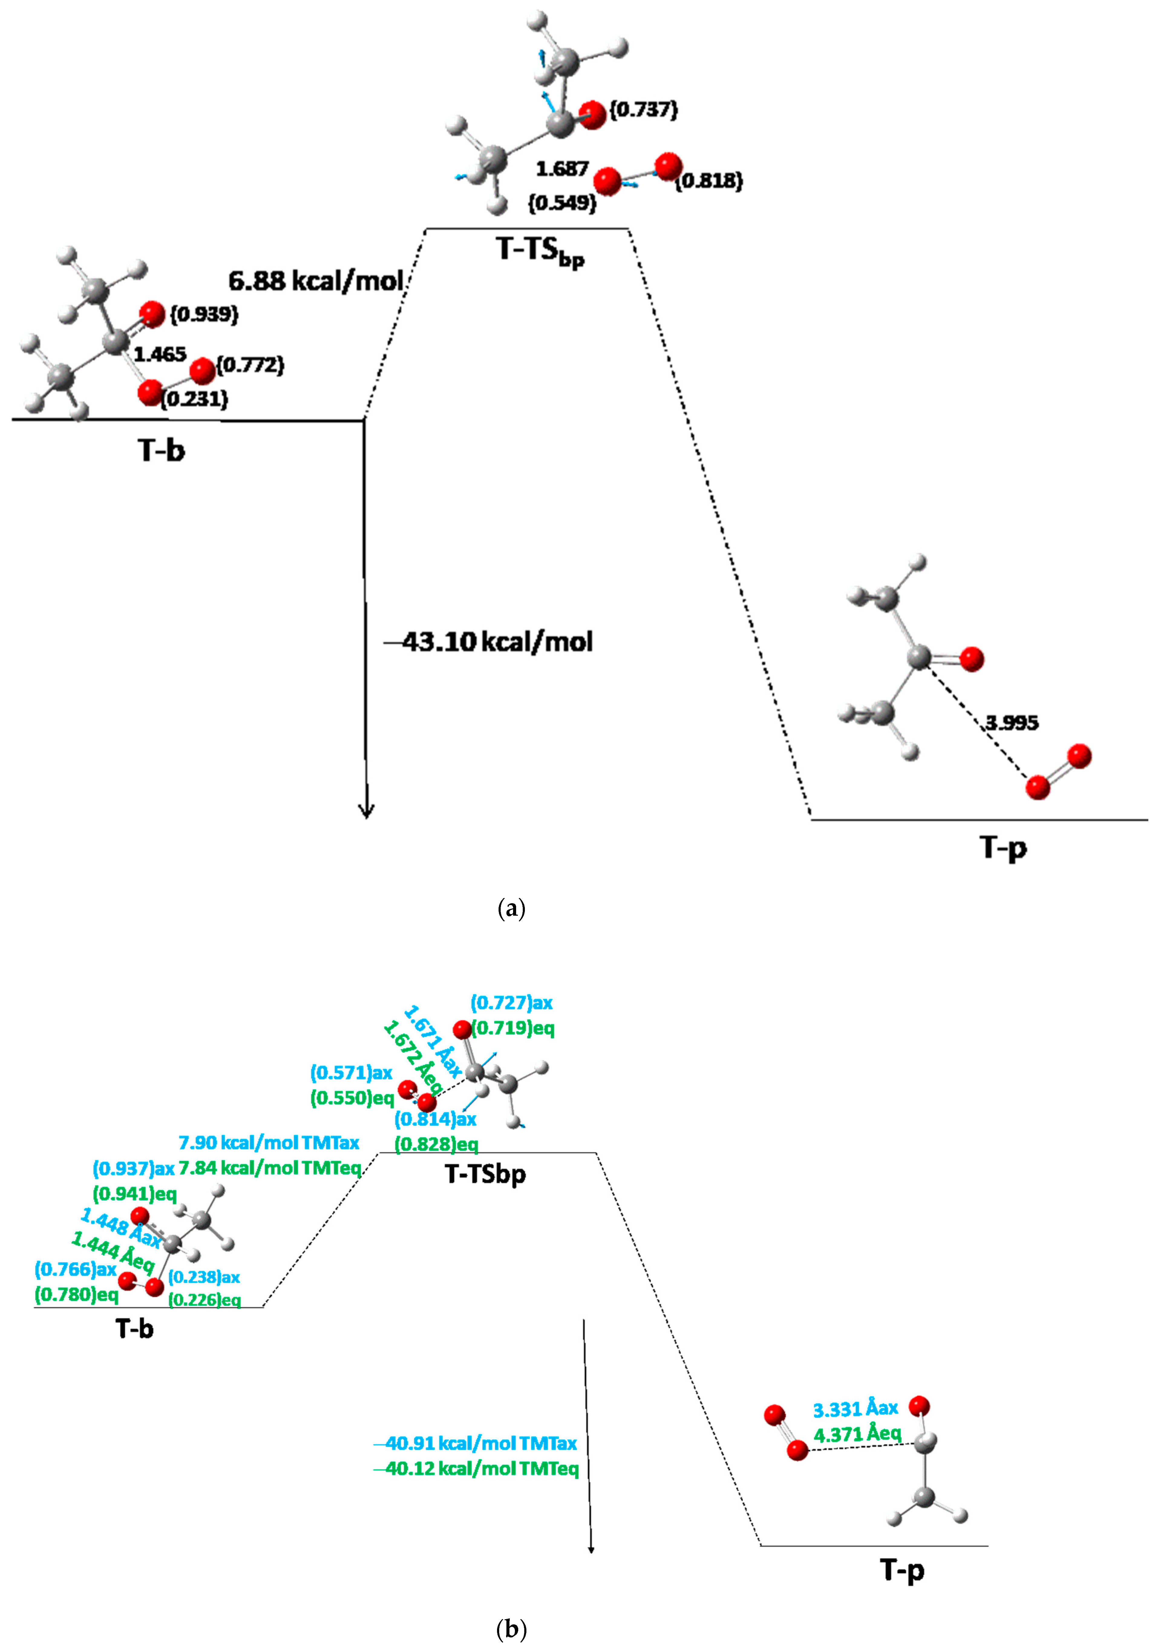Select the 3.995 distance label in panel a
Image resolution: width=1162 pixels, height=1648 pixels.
[1010, 723]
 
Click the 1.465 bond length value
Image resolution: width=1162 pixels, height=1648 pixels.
[160, 354]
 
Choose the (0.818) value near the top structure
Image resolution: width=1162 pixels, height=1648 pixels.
[709, 181]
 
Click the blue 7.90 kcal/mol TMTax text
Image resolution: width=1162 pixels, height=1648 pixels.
[268, 1142]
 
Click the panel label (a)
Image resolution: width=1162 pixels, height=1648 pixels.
[511, 909]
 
